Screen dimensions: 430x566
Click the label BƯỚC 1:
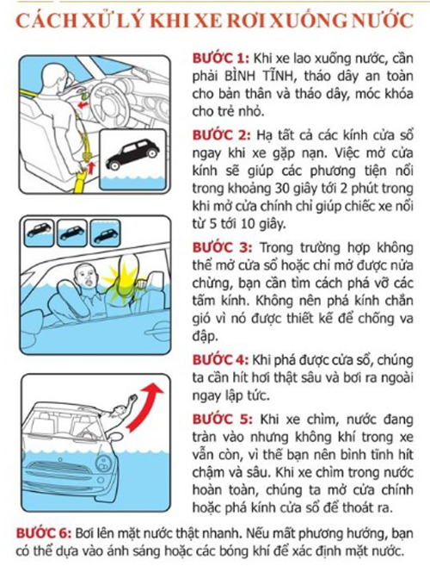220,59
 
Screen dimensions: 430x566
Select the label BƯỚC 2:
221,135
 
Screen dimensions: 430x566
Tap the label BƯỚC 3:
222,247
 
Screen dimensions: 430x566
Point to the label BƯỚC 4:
220,360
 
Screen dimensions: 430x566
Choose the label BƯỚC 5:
222,419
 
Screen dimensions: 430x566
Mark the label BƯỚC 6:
44,533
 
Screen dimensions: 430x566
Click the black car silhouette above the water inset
132,153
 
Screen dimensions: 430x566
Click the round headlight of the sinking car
105,462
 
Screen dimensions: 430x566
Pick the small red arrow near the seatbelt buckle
91,168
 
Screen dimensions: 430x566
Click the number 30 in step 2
282,189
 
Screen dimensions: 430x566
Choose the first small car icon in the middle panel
39,232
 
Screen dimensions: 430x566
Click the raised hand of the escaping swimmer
132,399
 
